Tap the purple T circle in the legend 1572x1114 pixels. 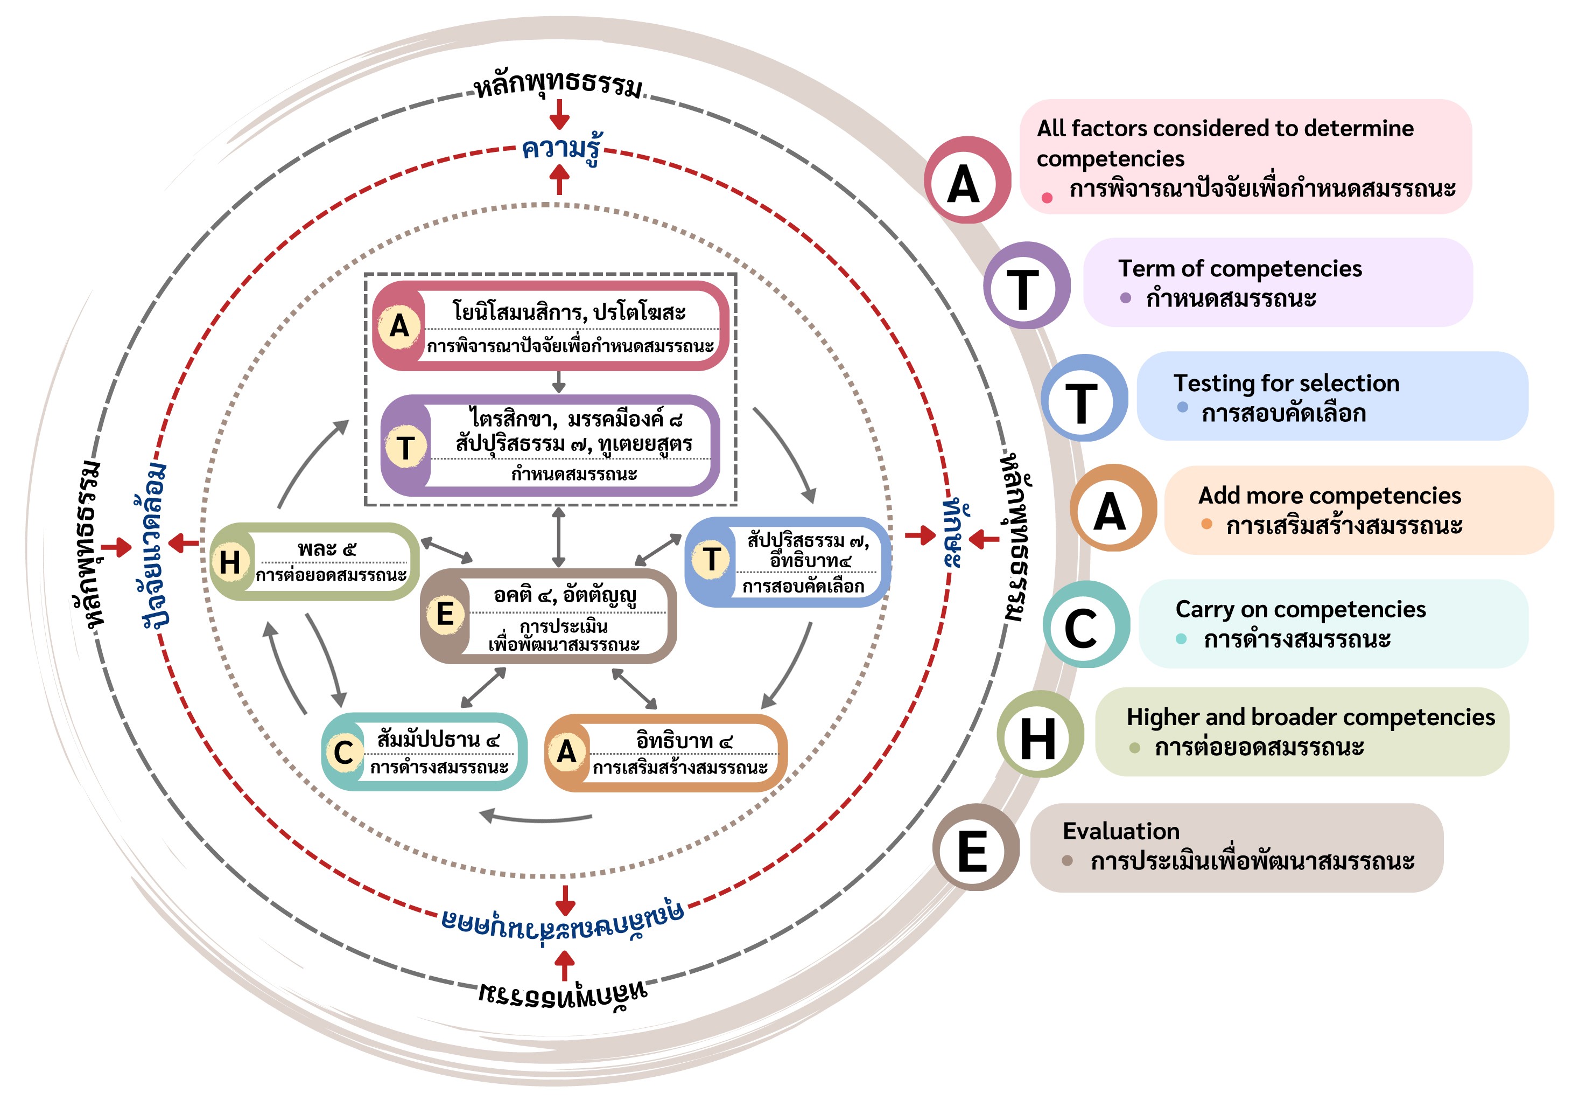1026,286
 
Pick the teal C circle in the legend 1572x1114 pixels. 1085,624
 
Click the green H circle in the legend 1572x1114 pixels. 1040,735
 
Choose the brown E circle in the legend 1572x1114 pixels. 974,848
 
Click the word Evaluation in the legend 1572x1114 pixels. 1120,831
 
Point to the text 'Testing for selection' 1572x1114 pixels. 1286,383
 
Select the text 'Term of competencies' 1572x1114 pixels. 1239,268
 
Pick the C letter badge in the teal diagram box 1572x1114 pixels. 343,753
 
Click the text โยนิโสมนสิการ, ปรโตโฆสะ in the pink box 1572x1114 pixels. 569,312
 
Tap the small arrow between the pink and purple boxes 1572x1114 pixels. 559,382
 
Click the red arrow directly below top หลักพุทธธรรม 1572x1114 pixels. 559,114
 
